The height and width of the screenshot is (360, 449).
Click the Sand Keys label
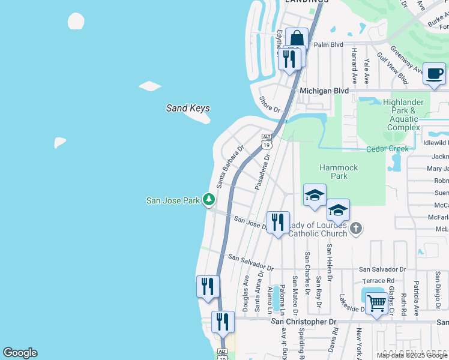point(188,108)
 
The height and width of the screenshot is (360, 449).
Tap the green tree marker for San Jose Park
point(209,199)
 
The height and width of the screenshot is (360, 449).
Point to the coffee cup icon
point(435,74)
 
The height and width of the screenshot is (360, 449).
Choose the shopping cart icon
point(376,304)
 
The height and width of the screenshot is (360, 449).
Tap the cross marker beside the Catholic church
point(356,228)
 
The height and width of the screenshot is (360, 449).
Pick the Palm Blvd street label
point(328,44)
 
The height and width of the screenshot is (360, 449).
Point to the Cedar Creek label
point(388,149)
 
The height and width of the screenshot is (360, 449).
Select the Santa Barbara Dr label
point(230,166)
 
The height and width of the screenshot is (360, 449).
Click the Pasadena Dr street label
point(262,172)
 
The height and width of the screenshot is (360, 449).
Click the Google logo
point(20,353)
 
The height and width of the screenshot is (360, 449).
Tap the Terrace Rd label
point(378,280)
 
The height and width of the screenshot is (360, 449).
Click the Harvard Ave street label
point(355,65)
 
